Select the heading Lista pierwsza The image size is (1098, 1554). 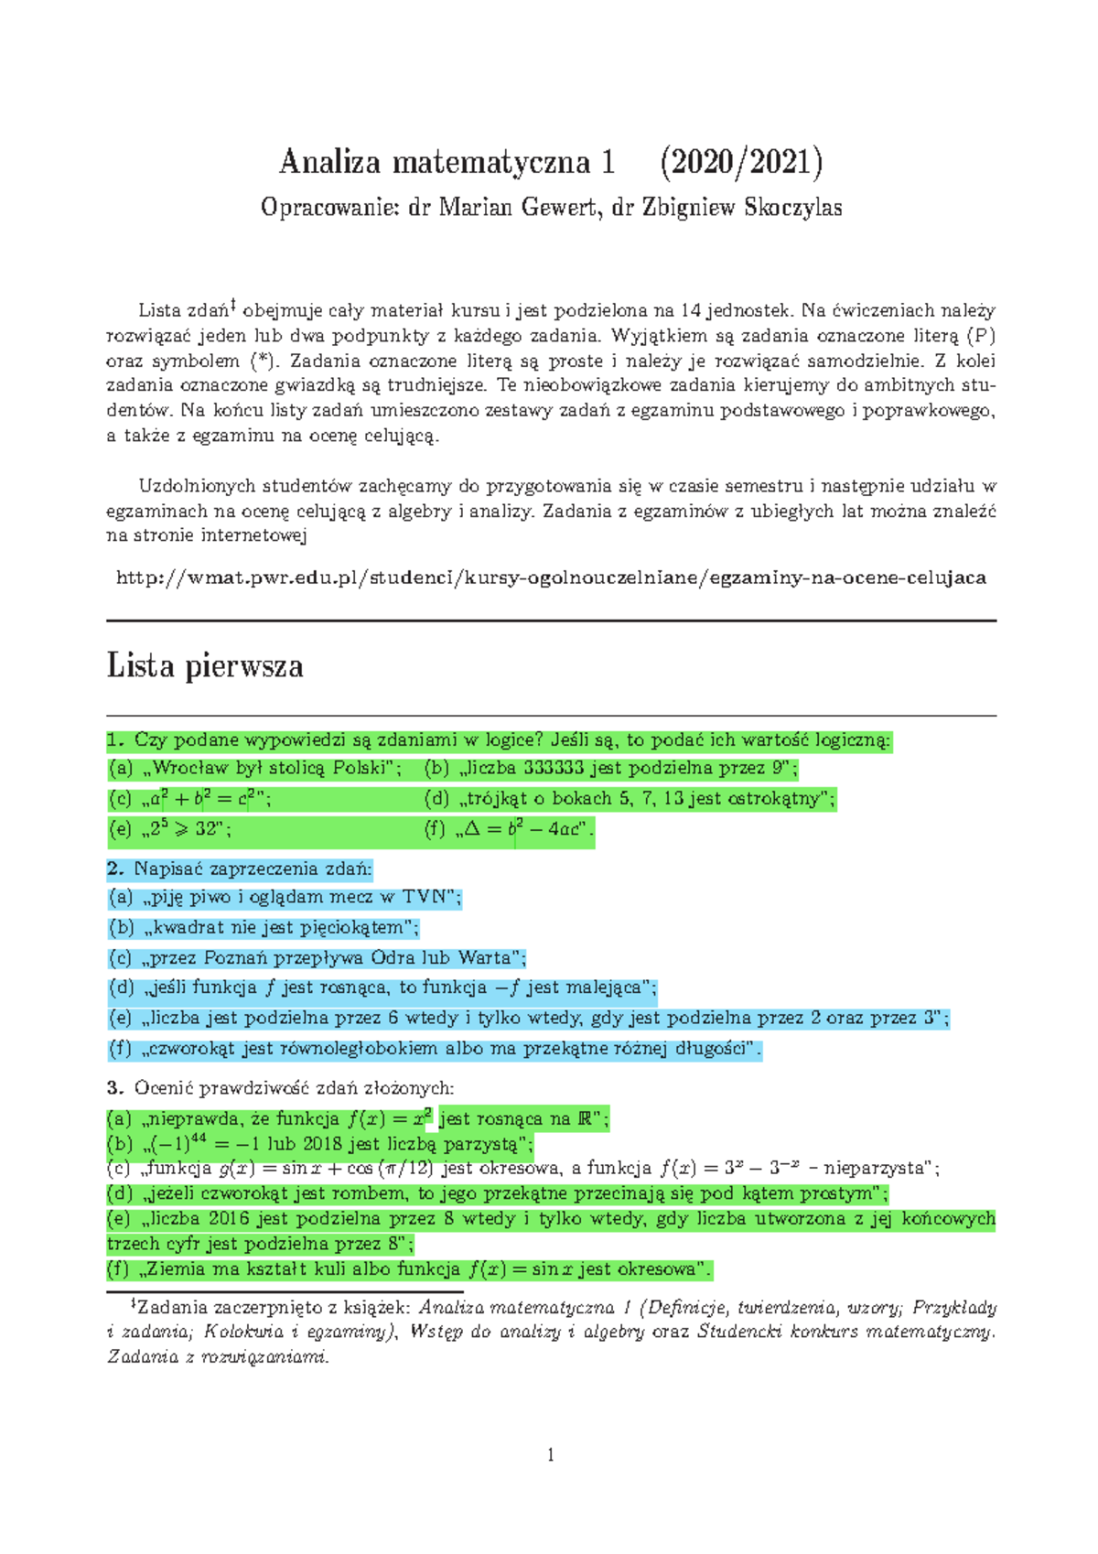point(205,665)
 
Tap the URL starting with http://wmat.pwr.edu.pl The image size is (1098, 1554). point(551,577)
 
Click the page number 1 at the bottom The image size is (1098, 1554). point(551,1455)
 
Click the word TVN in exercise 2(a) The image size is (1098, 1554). point(422,897)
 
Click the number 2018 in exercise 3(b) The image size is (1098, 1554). point(322,1144)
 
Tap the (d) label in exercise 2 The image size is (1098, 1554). point(122,988)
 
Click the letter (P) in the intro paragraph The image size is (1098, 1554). point(980,336)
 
